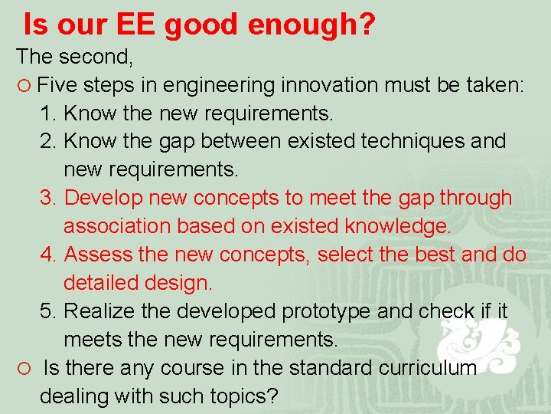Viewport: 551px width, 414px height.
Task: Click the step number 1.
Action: (47, 113)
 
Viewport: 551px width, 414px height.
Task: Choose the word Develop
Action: (103, 198)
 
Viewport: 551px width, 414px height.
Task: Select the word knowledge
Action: (398, 226)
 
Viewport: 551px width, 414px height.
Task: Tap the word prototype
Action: (347, 310)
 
